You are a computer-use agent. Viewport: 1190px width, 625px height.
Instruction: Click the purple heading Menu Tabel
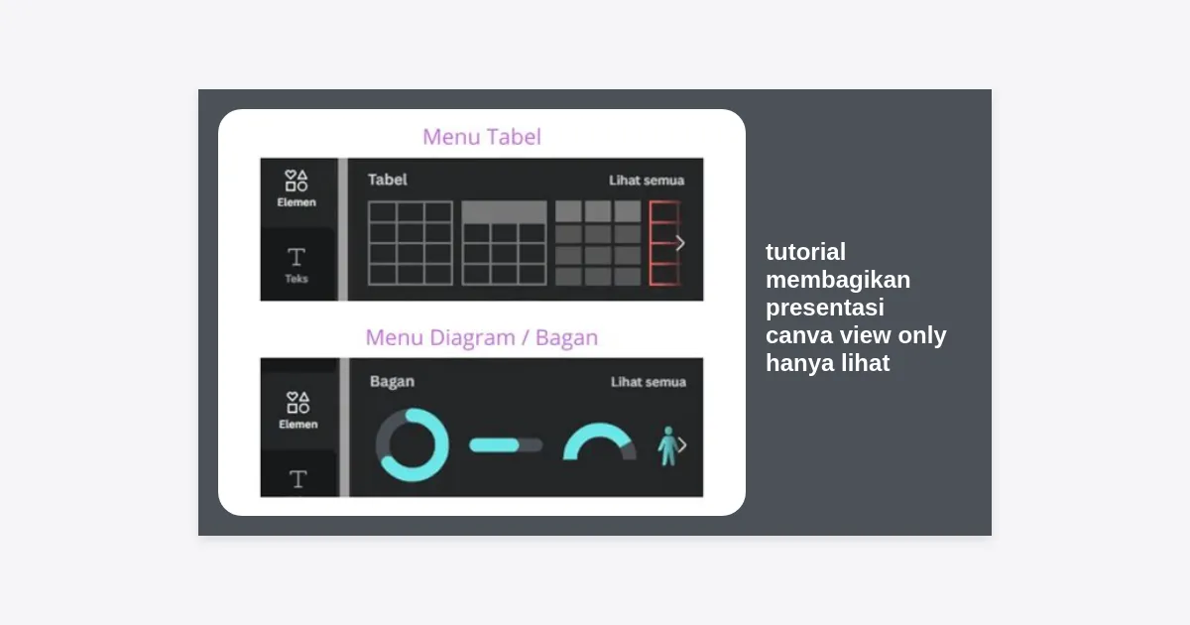tap(482, 137)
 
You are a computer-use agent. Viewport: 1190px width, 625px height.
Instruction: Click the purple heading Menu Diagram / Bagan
tap(482, 337)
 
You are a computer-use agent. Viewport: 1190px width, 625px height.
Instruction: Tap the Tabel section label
tap(388, 180)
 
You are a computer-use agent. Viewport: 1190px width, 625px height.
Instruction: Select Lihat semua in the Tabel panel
tap(647, 181)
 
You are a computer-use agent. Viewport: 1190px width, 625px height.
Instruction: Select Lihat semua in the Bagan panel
tap(649, 382)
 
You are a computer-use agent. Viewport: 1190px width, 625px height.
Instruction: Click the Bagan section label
tap(392, 382)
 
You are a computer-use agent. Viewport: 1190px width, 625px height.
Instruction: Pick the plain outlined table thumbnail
tap(411, 243)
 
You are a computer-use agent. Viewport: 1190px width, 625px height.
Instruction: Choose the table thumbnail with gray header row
tap(504, 243)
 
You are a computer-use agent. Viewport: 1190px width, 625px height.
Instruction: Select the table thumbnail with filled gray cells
tap(598, 243)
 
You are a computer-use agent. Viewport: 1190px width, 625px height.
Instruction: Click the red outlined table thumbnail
tap(664, 243)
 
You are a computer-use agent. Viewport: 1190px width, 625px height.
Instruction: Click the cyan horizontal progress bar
tap(494, 445)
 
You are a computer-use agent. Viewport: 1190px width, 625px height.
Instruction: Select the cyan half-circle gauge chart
tap(599, 430)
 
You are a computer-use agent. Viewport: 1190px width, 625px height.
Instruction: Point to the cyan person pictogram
tap(667, 446)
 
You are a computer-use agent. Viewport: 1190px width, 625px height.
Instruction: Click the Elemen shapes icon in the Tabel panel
tap(296, 181)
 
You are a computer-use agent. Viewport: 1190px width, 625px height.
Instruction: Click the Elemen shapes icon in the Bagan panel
tap(297, 403)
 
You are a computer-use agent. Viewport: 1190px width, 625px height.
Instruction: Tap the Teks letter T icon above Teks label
tap(296, 257)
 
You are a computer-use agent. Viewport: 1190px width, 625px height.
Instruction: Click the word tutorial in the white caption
tap(805, 252)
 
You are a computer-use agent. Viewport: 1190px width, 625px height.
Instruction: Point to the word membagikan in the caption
tap(838, 280)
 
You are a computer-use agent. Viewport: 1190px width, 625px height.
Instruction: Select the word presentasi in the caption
tap(825, 308)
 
